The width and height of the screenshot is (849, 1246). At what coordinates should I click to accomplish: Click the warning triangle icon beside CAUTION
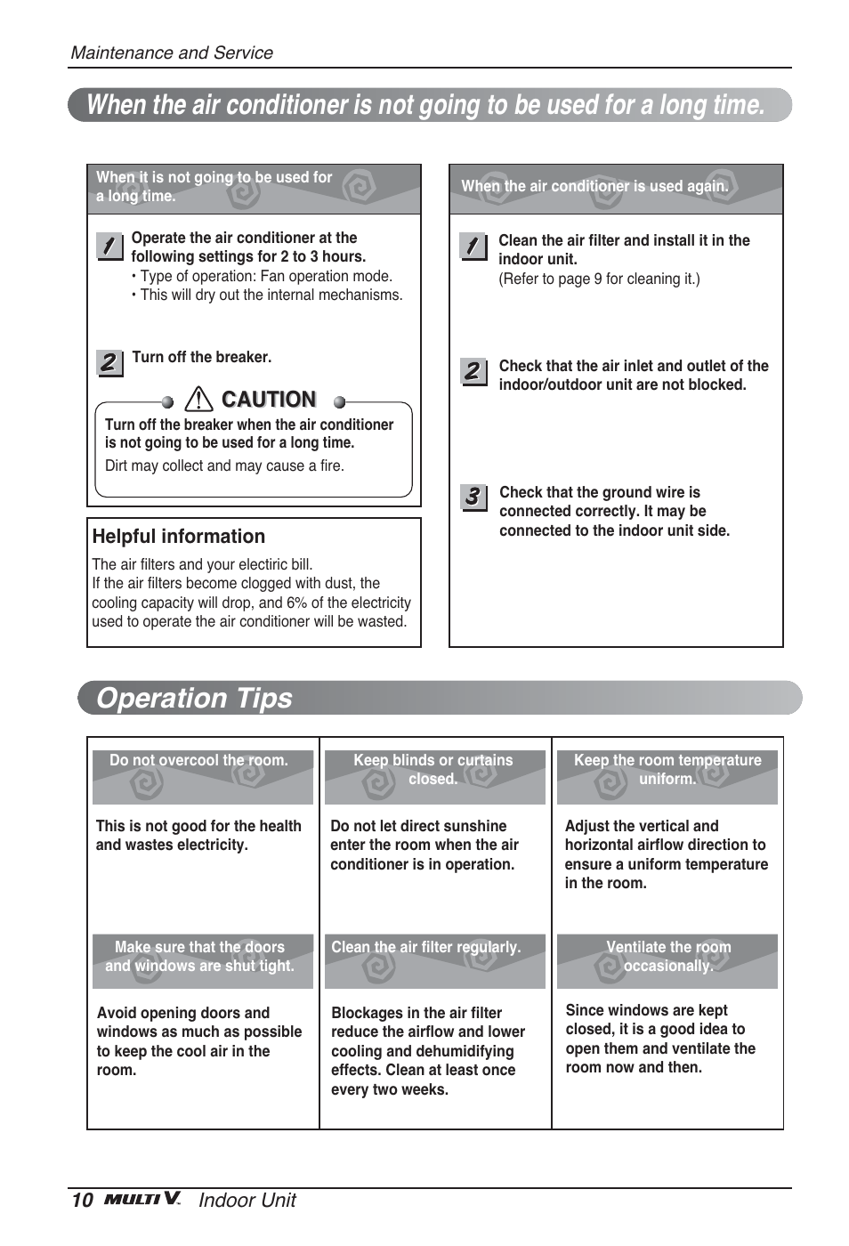(x=198, y=400)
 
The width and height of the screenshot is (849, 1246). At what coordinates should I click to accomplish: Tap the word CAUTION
(x=269, y=400)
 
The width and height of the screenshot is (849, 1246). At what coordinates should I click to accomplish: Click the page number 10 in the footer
(x=82, y=1200)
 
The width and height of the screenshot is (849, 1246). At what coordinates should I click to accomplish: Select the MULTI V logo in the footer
(x=142, y=1199)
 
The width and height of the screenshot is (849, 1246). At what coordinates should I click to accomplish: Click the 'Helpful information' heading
(x=179, y=537)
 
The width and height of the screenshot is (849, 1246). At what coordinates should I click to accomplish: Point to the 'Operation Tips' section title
(x=194, y=698)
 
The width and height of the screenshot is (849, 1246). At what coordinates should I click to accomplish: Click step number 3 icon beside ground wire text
(x=473, y=497)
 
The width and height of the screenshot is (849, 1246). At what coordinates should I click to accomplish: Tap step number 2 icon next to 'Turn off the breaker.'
(x=109, y=362)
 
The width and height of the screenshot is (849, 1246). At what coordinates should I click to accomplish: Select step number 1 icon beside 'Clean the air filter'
(x=473, y=246)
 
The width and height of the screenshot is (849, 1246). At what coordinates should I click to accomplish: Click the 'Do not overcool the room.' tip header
(x=199, y=761)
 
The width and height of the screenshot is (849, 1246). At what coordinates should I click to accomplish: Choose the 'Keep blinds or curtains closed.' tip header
(x=433, y=770)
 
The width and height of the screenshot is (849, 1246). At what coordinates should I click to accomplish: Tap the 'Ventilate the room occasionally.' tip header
(x=668, y=957)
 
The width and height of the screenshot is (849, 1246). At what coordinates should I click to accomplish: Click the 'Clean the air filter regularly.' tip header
(x=426, y=948)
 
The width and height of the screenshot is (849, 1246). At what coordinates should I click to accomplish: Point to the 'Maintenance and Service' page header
(x=172, y=53)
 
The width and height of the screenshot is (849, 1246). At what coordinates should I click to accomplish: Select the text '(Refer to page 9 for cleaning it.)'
(x=599, y=279)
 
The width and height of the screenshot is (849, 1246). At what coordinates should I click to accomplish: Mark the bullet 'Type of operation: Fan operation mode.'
(x=265, y=277)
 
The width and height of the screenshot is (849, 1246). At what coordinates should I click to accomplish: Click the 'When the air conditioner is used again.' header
(x=594, y=187)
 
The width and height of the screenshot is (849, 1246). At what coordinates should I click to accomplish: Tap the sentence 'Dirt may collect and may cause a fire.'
(x=224, y=466)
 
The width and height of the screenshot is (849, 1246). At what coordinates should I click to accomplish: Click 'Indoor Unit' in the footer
(x=247, y=1201)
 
